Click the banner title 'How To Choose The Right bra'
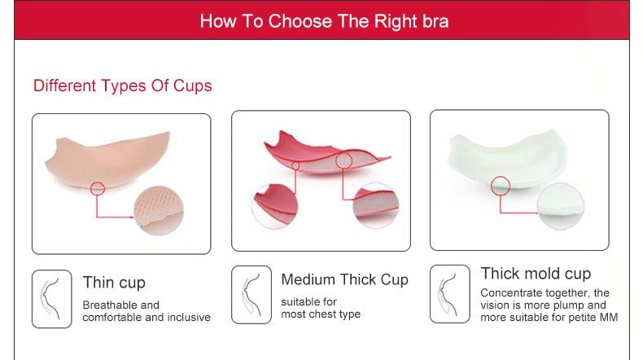[x=324, y=20]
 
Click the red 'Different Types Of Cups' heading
[x=123, y=86]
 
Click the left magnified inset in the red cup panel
[x=275, y=205]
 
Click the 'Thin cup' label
[x=114, y=283]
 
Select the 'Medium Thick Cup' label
[x=344, y=279]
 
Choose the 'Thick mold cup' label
[x=536, y=274]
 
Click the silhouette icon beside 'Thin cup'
[x=51, y=299]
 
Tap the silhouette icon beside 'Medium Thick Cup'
[x=251, y=294]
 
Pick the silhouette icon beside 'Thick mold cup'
[x=449, y=293]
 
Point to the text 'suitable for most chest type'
[x=320, y=308]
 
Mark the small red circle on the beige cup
[x=98, y=188]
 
